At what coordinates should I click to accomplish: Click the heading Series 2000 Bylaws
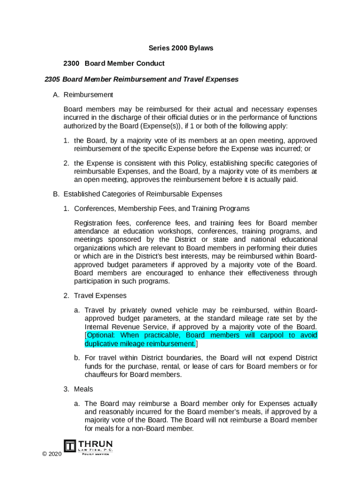pos(181,48)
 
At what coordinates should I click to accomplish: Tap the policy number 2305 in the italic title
pos(52,79)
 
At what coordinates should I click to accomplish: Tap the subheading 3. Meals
pos(84,389)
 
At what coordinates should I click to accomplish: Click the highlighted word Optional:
pos(101,335)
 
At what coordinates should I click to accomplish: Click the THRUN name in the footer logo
pos(95,443)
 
